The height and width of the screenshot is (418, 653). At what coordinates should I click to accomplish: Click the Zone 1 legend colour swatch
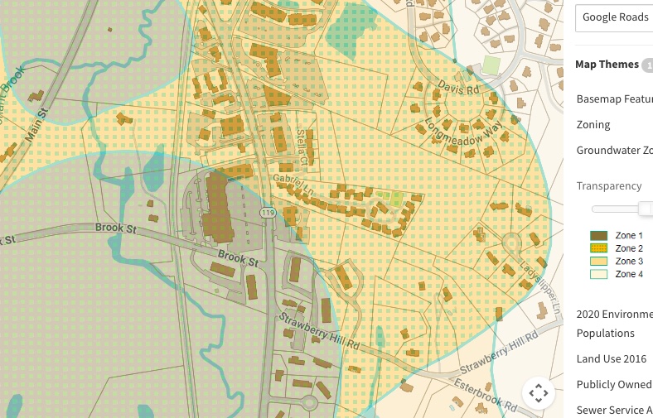598,236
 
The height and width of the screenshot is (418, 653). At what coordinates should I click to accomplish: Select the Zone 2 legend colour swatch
598,248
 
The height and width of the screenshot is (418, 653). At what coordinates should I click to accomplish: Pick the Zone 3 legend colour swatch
598,262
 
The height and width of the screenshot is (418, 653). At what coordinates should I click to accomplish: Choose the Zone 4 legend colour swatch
598,274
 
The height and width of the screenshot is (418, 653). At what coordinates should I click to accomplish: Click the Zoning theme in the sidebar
593,124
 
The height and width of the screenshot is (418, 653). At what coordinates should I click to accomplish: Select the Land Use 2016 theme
612,358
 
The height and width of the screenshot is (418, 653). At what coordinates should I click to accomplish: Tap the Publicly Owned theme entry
613,384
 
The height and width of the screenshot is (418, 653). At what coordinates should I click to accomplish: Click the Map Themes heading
607,65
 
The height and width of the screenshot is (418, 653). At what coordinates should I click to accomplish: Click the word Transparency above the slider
609,186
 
